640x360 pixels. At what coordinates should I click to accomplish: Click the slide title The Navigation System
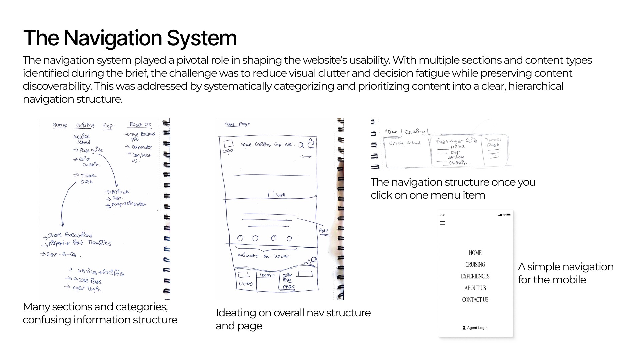click(x=130, y=38)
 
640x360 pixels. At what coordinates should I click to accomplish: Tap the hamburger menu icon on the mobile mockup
click(x=443, y=223)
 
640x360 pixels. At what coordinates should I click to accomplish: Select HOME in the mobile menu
click(x=475, y=253)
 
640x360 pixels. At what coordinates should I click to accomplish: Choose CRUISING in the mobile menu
click(x=475, y=264)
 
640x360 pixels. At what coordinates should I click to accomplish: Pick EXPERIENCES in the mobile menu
click(x=475, y=276)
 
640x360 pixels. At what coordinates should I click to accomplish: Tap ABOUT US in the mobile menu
click(x=475, y=288)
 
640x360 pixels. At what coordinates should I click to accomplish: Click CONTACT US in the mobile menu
click(x=475, y=299)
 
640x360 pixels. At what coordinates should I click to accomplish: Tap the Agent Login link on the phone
click(x=475, y=328)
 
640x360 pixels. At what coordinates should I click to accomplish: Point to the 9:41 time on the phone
click(x=443, y=215)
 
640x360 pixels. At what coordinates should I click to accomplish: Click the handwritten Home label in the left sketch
click(x=60, y=125)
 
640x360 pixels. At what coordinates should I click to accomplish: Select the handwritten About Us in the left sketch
click(x=140, y=125)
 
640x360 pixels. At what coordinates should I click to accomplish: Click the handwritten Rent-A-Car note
click(x=62, y=255)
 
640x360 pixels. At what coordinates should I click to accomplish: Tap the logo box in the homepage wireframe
click(x=228, y=144)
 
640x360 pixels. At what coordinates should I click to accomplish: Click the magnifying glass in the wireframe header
click(x=301, y=145)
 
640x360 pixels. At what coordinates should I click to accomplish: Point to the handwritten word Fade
click(x=323, y=231)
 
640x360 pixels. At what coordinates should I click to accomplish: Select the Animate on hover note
click(x=263, y=256)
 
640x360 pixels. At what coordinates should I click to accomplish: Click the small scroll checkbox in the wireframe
click(x=271, y=194)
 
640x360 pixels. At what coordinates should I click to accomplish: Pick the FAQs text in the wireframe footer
click(x=289, y=287)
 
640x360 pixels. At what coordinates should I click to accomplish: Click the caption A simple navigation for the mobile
click(x=565, y=273)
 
